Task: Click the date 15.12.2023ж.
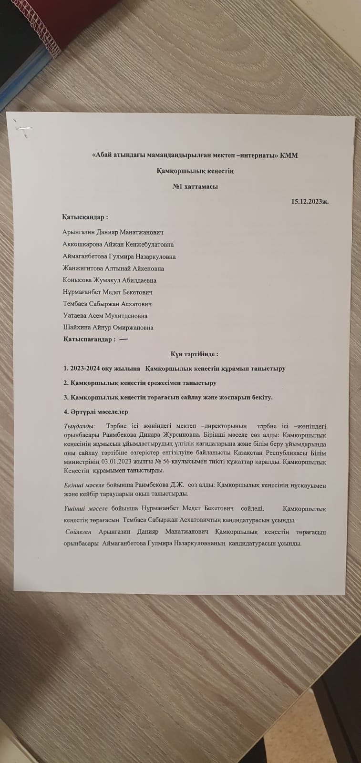point(310,201)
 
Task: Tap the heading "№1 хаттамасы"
point(196,186)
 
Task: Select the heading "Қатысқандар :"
point(85,217)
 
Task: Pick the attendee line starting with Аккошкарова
point(118,244)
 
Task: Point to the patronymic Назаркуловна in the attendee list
point(155,256)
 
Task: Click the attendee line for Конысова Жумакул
point(110,280)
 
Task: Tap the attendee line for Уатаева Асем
point(105,316)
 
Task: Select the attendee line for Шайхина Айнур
point(108,328)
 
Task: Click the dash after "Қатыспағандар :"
point(123,339)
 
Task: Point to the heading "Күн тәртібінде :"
point(194,354)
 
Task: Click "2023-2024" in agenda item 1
point(87,369)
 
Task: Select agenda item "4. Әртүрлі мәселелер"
point(95,412)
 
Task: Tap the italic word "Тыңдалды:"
point(79,426)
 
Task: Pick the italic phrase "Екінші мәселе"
point(83,485)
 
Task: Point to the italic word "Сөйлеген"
point(78,532)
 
